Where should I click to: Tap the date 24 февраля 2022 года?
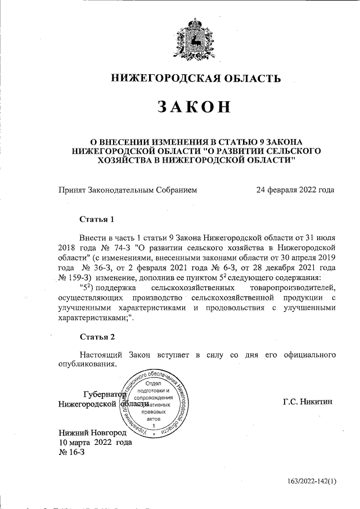(295, 190)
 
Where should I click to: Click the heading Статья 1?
(97, 218)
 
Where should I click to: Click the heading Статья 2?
(97, 337)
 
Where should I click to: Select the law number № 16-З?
(71, 453)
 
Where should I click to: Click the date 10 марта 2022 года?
(96, 443)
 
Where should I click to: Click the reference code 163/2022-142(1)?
(312, 481)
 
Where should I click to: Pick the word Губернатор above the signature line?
(105, 394)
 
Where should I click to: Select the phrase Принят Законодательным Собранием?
(128, 190)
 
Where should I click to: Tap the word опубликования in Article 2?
(87, 364)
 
